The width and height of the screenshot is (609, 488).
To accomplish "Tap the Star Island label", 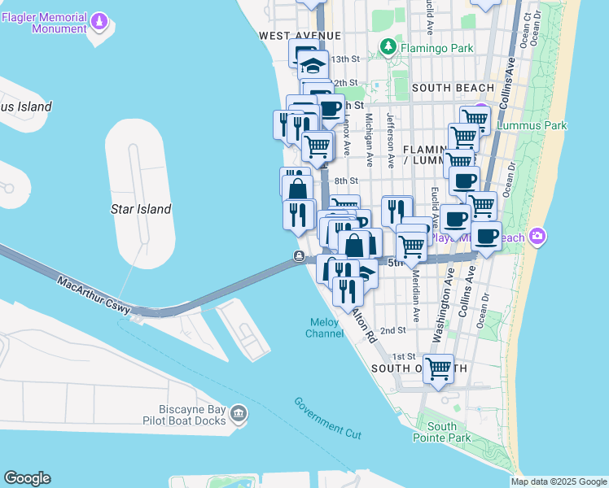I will [141, 209].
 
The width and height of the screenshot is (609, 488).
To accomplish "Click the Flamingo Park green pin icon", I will [388, 48].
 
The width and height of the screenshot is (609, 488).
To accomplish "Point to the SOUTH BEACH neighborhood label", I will [453, 88].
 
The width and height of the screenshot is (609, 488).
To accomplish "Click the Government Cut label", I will [327, 418].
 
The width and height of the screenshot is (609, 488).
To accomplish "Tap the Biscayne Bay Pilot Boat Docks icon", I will [239, 415].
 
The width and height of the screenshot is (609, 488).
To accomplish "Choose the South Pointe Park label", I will [449, 432].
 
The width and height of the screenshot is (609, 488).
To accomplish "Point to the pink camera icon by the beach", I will [537, 237].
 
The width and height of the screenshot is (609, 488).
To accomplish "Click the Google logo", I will [27, 478].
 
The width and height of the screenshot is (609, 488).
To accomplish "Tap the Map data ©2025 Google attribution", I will [559, 481].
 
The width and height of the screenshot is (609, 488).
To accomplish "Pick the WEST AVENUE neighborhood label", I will [299, 36].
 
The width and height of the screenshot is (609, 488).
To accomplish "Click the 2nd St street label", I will [392, 330].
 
